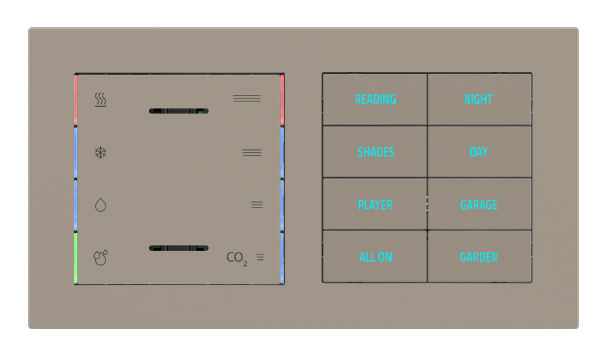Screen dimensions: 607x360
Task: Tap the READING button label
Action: [x=375, y=100]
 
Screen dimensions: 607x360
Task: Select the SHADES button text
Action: [x=375, y=152]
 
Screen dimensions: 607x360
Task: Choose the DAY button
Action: [x=479, y=152]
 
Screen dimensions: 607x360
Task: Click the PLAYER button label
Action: [x=375, y=205]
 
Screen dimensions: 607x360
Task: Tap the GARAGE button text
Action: [x=479, y=205]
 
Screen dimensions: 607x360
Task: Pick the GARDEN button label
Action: [x=479, y=257]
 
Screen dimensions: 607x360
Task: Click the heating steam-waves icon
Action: [x=101, y=100]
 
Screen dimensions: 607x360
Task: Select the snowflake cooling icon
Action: [x=101, y=152]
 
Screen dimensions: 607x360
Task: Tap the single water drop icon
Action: [x=101, y=205]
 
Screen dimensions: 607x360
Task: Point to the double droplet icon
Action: [x=101, y=258]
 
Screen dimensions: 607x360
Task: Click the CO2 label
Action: [x=236, y=258]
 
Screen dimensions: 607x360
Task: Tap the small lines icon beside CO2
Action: [x=260, y=257]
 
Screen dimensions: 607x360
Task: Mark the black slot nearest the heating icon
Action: [x=179, y=111]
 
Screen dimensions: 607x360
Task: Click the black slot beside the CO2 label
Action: [x=179, y=248]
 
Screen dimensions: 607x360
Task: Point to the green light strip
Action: [x=76, y=258]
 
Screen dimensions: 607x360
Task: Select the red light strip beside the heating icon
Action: [x=76, y=100]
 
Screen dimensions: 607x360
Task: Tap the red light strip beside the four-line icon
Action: [x=282, y=100]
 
